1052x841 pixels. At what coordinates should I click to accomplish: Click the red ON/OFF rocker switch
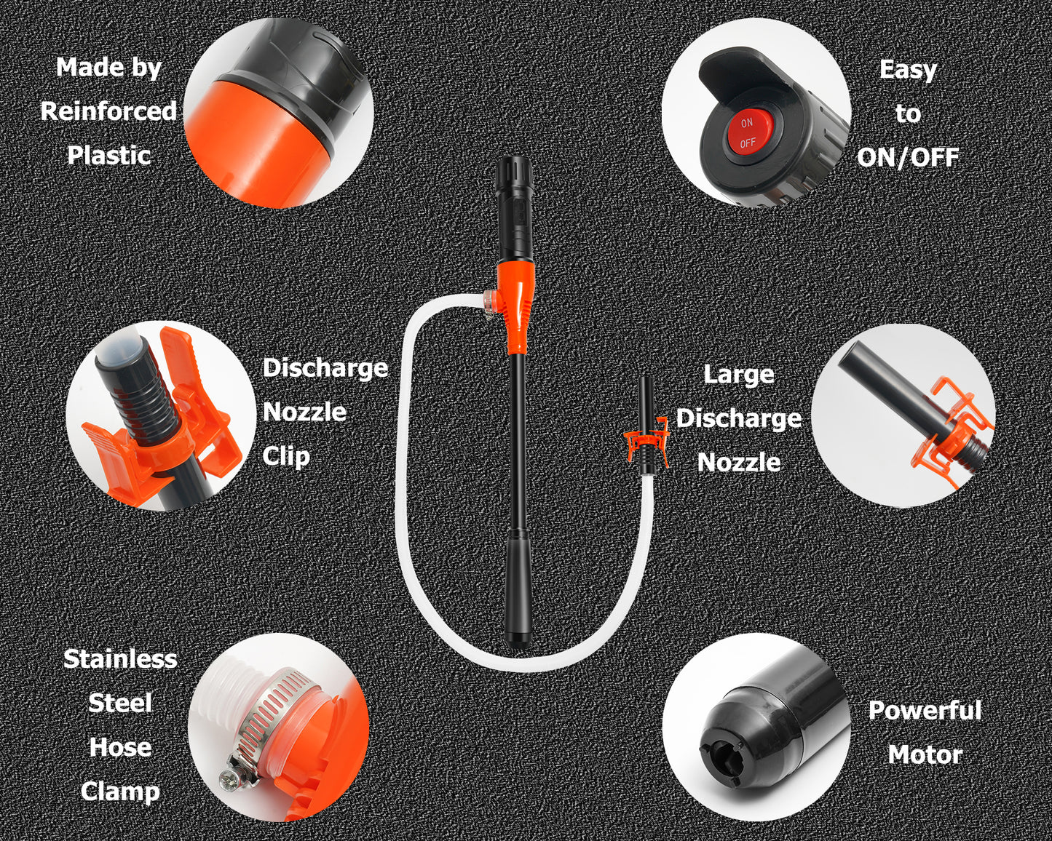click(748, 133)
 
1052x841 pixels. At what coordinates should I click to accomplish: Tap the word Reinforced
click(108, 111)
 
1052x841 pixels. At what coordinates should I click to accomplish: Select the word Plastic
click(109, 156)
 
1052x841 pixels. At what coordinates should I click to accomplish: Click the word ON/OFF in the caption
click(908, 157)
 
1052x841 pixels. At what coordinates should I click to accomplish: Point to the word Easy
click(908, 71)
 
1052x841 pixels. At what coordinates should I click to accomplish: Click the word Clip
click(286, 457)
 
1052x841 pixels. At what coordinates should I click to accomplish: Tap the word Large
click(739, 375)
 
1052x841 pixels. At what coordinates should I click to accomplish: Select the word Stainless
click(120, 659)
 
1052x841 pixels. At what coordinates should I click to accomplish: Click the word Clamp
click(120, 791)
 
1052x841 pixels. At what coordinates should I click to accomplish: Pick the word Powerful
click(925, 711)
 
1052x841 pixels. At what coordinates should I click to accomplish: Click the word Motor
click(925, 755)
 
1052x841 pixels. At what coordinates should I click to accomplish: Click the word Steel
click(120, 704)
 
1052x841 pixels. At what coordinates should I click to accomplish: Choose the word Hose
click(120, 747)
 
